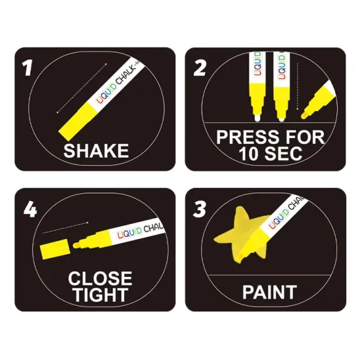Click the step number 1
[27, 68]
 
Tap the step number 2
[199, 68]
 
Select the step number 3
[199, 209]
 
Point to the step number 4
[30, 209]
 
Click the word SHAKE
[96, 151]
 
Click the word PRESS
[249, 137]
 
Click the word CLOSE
[100, 278]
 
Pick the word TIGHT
[100, 295]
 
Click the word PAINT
[270, 293]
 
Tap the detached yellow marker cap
[54, 249]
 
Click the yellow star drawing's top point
[240, 207]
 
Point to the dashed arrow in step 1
[82, 88]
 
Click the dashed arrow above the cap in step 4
[65, 228]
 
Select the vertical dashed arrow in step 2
[298, 86]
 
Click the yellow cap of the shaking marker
[78, 122]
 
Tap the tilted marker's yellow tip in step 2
[304, 115]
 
